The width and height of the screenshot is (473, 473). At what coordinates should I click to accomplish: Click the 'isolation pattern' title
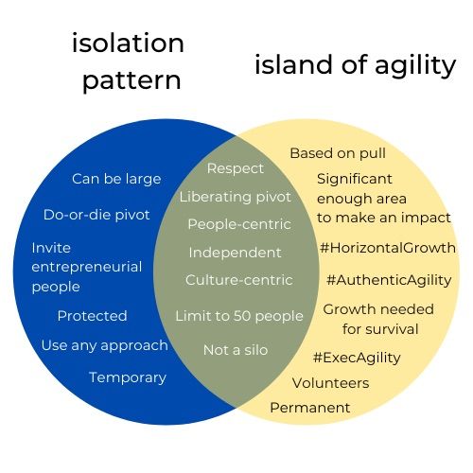(128, 61)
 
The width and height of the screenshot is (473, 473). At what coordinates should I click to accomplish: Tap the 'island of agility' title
(356, 65)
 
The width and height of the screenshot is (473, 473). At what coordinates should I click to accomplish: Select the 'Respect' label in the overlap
(236, 168)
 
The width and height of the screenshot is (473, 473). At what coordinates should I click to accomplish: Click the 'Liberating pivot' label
(236, 198)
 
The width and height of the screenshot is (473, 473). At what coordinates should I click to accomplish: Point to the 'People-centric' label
(239, 224)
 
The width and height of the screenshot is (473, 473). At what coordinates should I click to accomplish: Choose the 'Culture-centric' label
(239, 280)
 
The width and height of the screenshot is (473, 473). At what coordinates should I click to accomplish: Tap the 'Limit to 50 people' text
(239, 316)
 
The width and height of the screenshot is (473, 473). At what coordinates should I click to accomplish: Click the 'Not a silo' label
(236, 350)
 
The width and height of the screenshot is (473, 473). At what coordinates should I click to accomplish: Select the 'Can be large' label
(116, 180)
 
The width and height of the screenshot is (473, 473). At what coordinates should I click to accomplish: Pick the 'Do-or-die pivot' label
(96, 215)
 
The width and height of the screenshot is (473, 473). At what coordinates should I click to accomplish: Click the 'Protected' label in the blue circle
(92, 316)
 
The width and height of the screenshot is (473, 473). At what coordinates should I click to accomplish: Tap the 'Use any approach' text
(104, 346)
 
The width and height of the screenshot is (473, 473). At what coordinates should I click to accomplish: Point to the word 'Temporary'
(128, 377)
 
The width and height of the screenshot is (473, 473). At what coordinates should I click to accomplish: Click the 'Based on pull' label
(338, 154)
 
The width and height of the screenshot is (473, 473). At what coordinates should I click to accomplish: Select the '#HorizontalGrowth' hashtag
(388, 248)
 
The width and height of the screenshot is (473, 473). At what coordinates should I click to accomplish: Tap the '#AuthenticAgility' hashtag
(389, 280)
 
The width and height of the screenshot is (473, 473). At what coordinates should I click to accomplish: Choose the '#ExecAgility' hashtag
(357, 358)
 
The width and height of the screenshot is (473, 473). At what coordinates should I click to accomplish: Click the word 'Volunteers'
(330, 383)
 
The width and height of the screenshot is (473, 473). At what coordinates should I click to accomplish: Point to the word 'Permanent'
(310, 408)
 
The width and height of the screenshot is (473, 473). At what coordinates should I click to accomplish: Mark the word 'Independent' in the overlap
(235, 253)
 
